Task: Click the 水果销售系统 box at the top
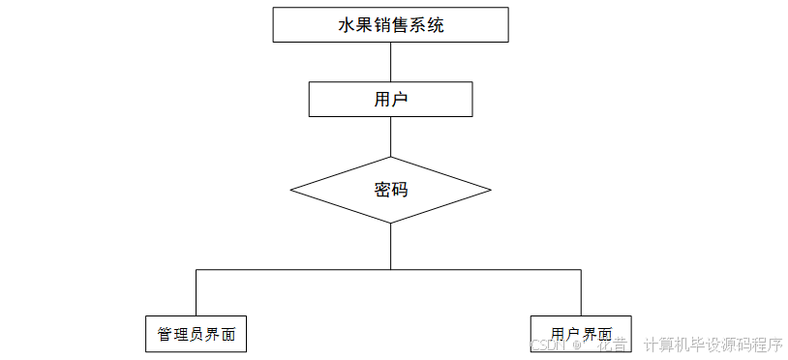click(390, 25)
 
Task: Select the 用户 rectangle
click(390, 99)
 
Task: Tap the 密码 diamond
click(390, 190)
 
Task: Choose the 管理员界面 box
click(196, 334)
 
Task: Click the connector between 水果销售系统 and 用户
click(390, 62)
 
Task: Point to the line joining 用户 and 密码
click(390, 136)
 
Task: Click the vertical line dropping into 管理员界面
click(196, 292)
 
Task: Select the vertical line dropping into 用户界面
click(581, 292)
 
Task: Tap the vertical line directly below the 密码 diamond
click(390, 246)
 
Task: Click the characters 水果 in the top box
click(356, 26)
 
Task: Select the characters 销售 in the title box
click(391, 26)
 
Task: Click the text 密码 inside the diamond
click(390, 190)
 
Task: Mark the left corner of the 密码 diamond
click(291, 190)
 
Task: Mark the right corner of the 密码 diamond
click(490, 190)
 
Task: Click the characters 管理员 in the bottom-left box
click(180, 335)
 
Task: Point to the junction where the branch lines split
click(390, 270)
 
